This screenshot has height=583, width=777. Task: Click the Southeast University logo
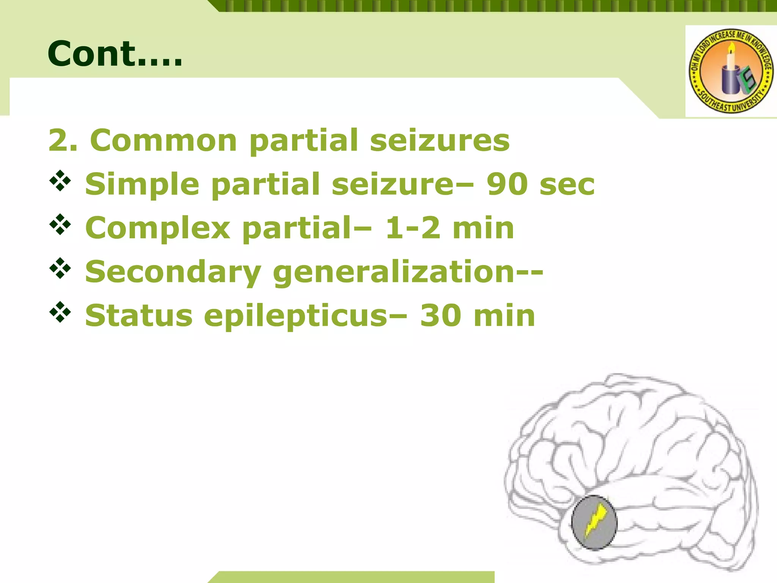click(x=731, y=71)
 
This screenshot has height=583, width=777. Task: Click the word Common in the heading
click(x=164, y=140)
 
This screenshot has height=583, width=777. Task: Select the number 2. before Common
click(x=63, y=140)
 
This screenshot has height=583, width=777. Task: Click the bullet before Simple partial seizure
click(x=60, y=181)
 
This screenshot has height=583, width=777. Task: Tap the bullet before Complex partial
click(x=60, y=225)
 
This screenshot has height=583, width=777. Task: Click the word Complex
click(x=158, y=228)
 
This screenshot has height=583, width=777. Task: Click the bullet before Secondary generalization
click(x=60, y=268)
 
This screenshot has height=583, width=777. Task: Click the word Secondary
click(x=173, y=272)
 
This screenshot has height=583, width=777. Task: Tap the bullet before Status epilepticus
click(x=60, y=312)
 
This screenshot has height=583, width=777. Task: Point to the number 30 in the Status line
click(x=440, y=316)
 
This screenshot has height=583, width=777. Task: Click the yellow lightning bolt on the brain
click(x=595, y=520)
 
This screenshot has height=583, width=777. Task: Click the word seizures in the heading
click(x=440, y=140)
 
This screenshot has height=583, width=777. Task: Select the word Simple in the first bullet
click(x=142, y=184)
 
